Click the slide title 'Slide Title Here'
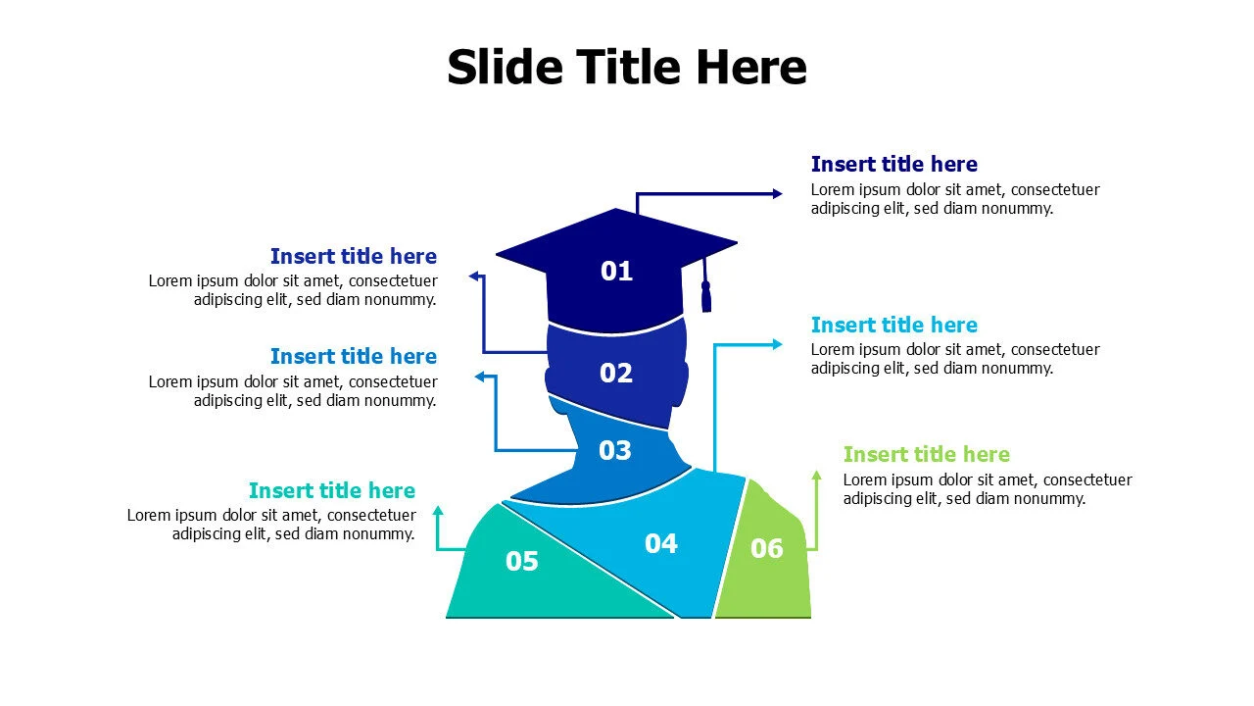627,68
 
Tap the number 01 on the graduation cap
616,271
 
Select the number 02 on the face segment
616,373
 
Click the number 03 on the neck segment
615,451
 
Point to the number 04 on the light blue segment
661,543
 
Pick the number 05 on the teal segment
522,562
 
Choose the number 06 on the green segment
767,549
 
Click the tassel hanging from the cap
706,294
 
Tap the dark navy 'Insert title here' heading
893,164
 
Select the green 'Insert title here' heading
926,454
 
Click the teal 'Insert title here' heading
331,490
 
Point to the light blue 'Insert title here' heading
893,325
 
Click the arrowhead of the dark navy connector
778,194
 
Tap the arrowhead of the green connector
816,476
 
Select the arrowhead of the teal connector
438,511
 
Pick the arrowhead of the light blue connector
778,344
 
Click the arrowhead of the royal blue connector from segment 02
474,277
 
